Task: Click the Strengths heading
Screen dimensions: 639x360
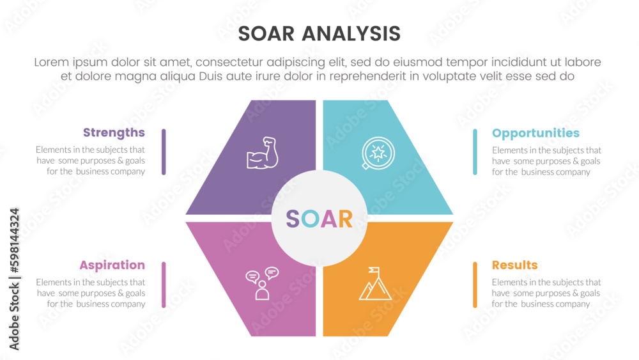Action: [x=114, y=133]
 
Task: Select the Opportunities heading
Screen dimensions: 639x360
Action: [x=535, y=133]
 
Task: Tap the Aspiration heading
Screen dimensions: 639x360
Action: [x=112, y=265]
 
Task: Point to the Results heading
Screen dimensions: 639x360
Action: [x=514, y=265]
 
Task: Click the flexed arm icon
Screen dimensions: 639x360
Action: [x=263, y=153]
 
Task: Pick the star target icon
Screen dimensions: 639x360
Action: [x=378, y=153]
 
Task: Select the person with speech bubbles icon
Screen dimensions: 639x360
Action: [x=262, y=283]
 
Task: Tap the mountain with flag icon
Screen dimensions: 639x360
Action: [x=375, y=283]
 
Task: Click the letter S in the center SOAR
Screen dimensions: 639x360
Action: [x=293, y=219]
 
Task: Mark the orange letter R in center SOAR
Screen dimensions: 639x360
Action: [x=345, y=219]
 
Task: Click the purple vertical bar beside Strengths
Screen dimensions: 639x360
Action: [x=164, y=152]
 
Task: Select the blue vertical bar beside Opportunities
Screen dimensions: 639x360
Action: [x=475, y=152]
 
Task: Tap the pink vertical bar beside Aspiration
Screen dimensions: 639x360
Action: [x=164, y=285]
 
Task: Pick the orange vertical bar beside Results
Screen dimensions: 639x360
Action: [x=475, y=285]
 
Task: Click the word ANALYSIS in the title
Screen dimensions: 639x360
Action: [x=351, y=34]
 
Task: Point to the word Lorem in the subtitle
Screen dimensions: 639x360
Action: [x=52, y=63]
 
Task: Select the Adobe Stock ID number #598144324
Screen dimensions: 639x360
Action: [x=15, y=240]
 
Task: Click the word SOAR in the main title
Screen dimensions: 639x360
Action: [x=266, y=34]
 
